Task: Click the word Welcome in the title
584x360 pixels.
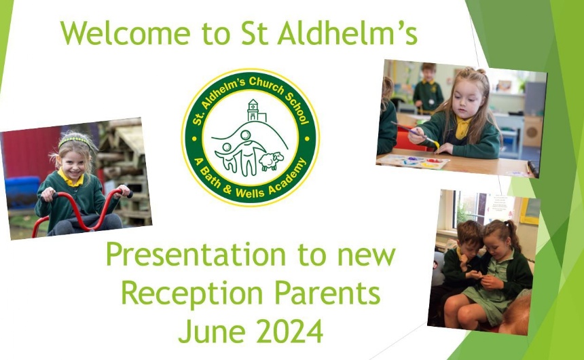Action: click(x=125, y=33)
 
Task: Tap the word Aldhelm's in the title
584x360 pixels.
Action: click(x=348, y=33)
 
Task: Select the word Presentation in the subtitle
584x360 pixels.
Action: click(x=196, y=255)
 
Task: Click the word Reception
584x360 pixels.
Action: click(x=192, y=294)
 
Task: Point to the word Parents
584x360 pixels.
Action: click(x=327, y=293)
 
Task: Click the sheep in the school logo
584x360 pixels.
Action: click(x=271, y=160)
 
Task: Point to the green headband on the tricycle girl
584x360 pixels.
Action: click(x=74, y=140)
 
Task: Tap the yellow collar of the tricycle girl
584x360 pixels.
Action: click(x=70, y=179)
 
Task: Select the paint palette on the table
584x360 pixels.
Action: click(x=414, y=162)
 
